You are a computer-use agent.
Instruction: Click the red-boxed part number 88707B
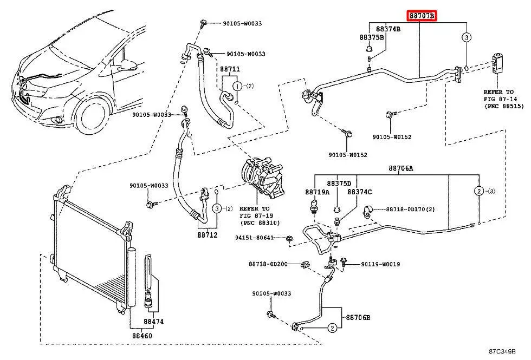click(x=423, y=16)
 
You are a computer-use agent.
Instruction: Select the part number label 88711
click(x=229, y=70)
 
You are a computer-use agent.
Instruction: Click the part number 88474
click(x=153, y=322)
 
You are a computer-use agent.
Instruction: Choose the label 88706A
click(x=400, y=169)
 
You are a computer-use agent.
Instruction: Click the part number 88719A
click(x=317, y=192)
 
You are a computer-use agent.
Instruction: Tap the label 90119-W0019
click(x=381, y=264)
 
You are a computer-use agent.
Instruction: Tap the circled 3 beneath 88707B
click(x=466, y=37)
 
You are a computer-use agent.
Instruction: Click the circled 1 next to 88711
click(x=237, y=86)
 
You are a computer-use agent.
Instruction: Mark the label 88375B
click(x=372, y=37)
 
